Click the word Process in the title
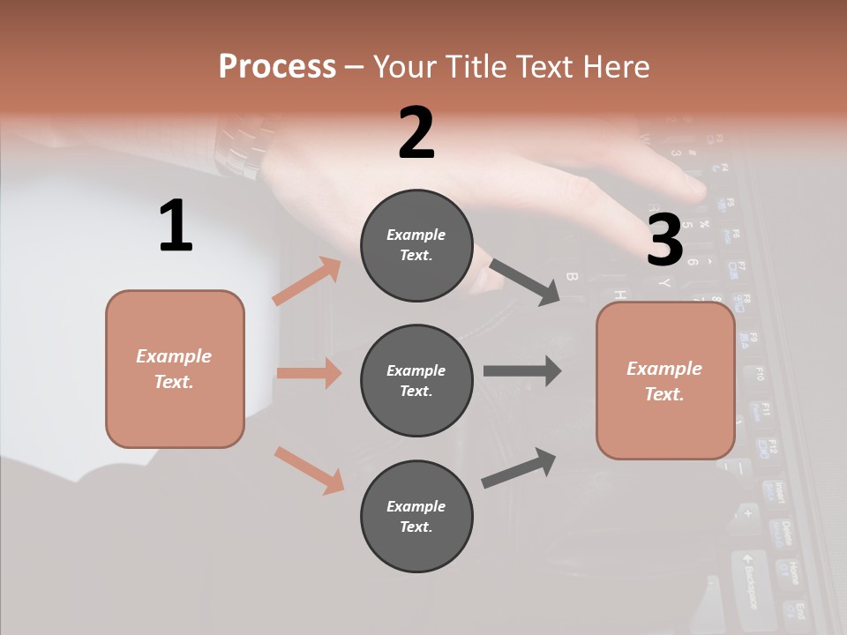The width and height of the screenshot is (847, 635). pyautogui.click(x=277, y=66)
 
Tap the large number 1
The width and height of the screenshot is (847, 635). pyautogui.click(x=176, y=227)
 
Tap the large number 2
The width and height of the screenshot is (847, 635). pyautogui.click(x=416, y=133)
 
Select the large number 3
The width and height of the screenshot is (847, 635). pyautogui.click(x=664, y=240)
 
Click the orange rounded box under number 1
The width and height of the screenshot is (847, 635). pyautogui.click(x=175, y=369)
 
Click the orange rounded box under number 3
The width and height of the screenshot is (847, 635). pyautogui.click(x=665, y=381)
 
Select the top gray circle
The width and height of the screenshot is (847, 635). pyautogui.click(x=416, y=245)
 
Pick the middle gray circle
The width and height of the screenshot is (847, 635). pyautogui.click(x=416, y=380)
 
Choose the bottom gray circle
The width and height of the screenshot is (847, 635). pyautogui.click(x=416, y=516)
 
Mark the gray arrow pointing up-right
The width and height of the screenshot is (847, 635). pyautogui.click(x=519, y=467)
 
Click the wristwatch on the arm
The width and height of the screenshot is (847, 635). pyautogui.click(x=236, y=146)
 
